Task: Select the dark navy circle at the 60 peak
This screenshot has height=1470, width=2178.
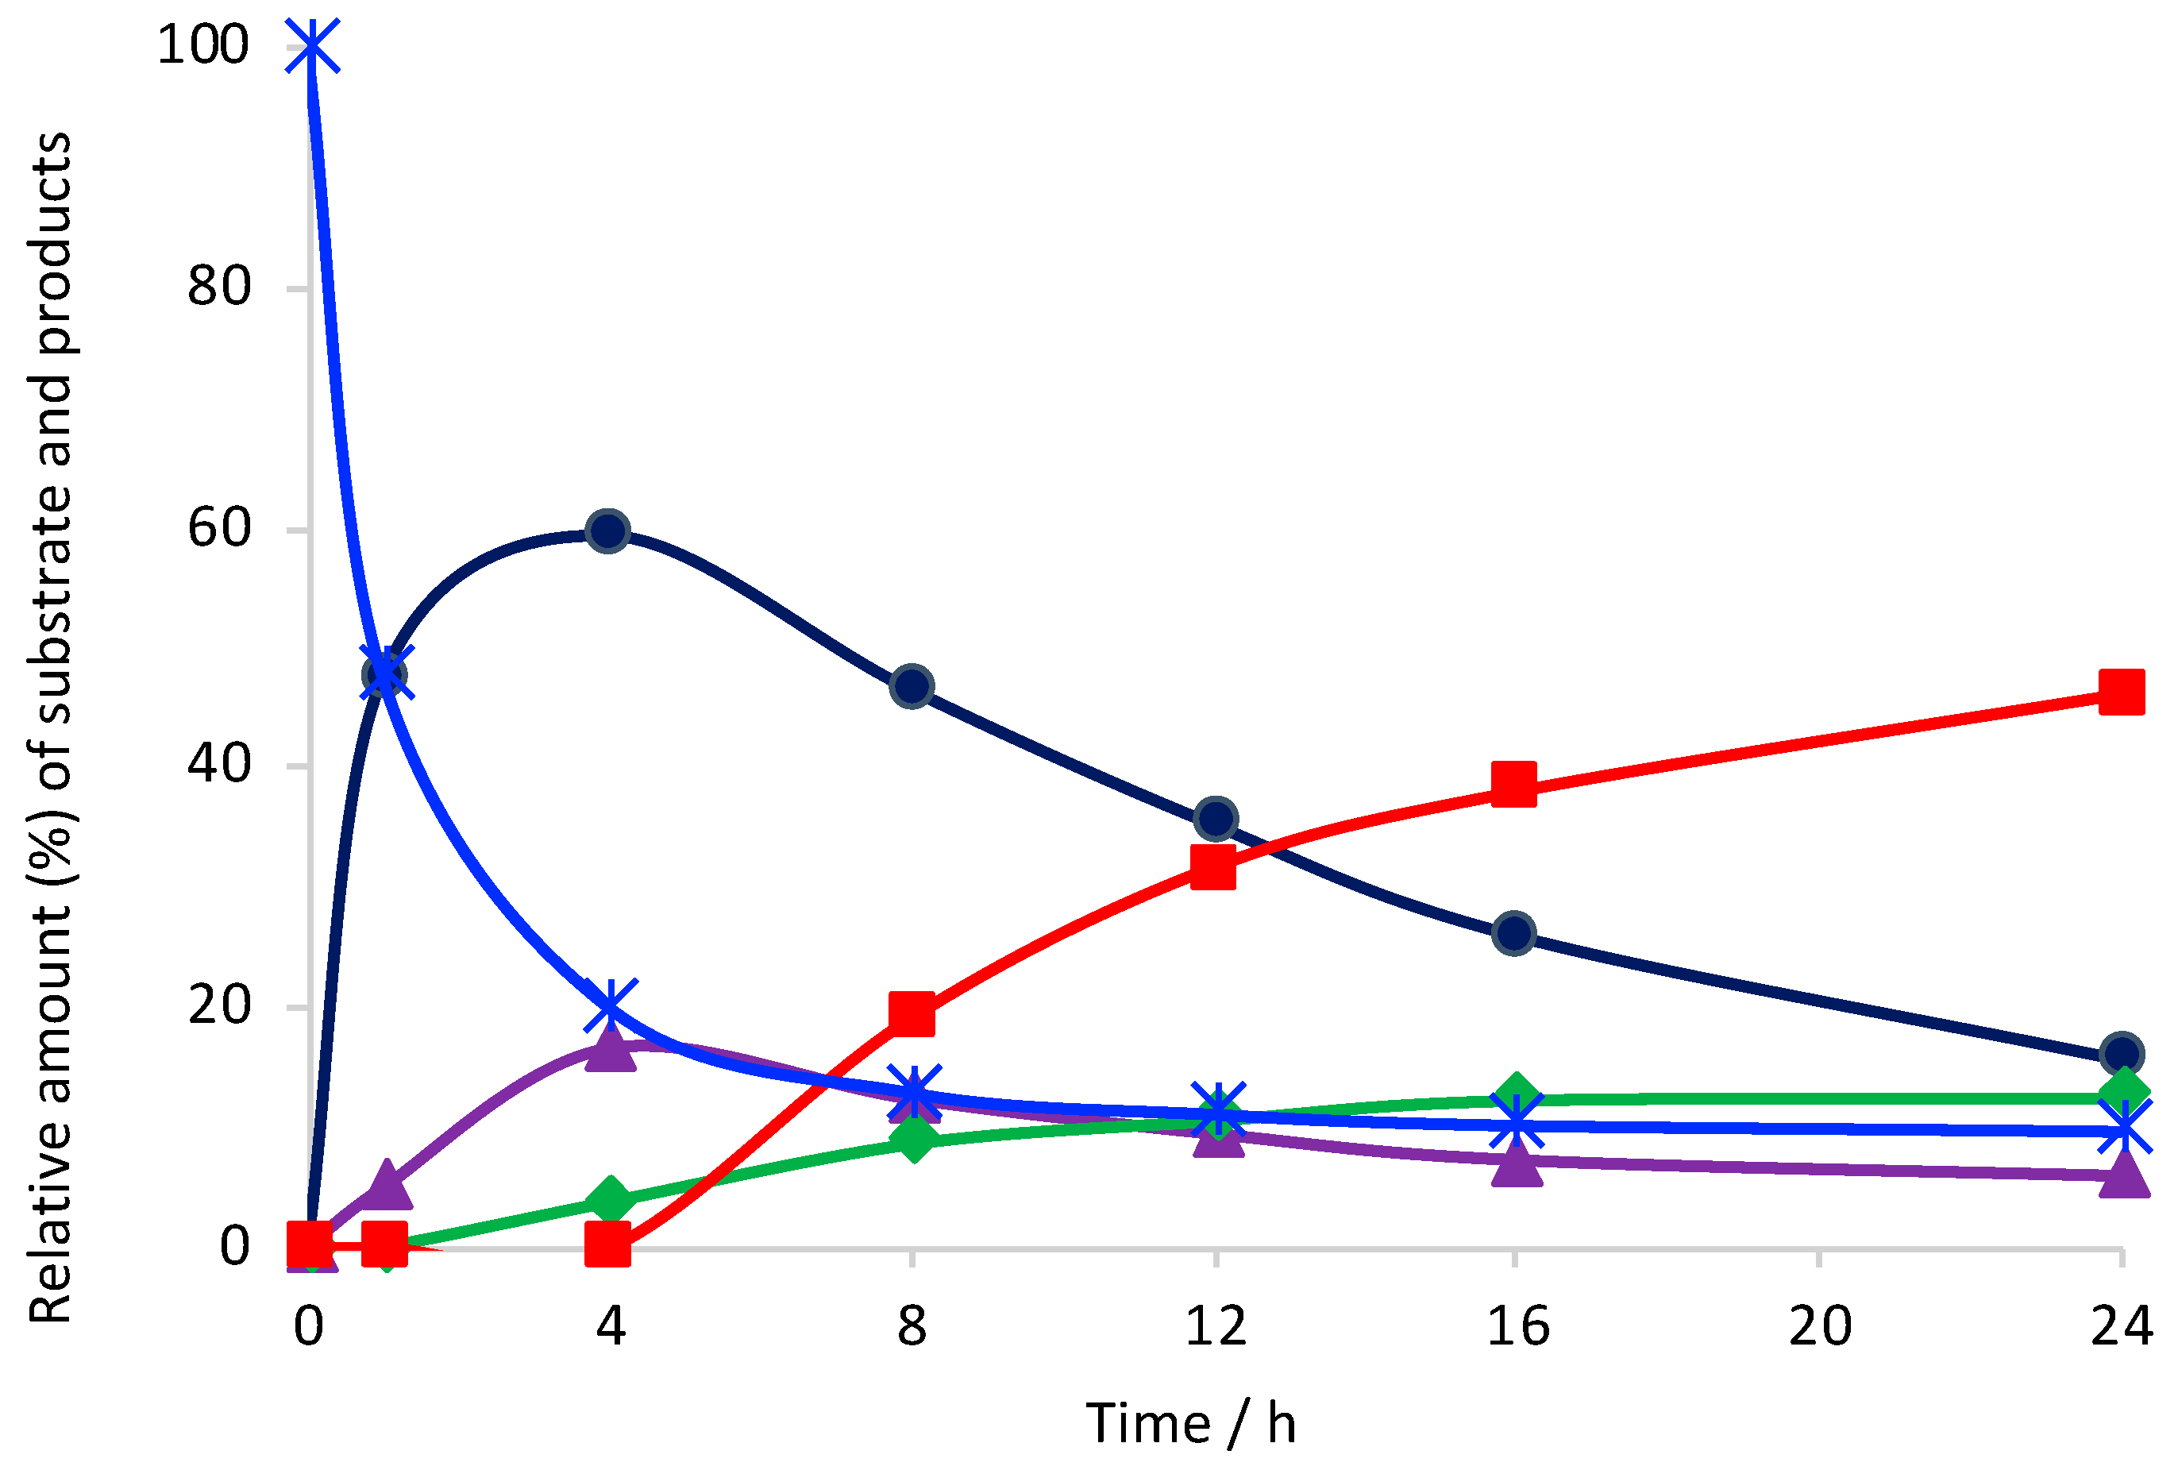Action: (x=607, y=531)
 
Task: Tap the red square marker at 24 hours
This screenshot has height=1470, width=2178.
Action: (x=2121, y=693)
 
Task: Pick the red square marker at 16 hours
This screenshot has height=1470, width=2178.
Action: (x=1513, y=783)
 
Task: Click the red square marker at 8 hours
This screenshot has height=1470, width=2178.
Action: (x=912, y=1014)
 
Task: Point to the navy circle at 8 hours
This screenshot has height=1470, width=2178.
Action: (x=912, y=686)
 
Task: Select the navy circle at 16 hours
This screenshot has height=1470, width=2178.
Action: (x=1513, y=933)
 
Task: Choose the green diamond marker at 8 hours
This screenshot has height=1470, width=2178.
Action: (x=914, y=1139)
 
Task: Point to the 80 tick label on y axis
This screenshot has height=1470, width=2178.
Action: (x=219, y=286)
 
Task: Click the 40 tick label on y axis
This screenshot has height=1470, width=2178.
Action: (x=219, y=764)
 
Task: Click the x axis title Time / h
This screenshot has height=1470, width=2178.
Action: (x=1190, y=1424)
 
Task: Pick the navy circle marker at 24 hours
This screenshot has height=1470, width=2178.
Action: (x=2121, y=1053)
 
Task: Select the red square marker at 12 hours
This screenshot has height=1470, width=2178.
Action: (x=1212, y=866)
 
